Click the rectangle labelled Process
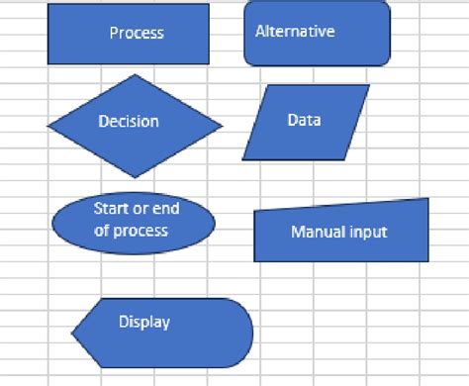click(x=129, y=34)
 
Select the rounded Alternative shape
click(x=317, y=33)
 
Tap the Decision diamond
click(x=136, y=125)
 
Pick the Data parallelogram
click(x=306, y=122)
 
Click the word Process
click(x=137, y=33)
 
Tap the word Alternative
click(x=295, y=31)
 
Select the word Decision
click(x=129, y=122)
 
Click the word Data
click(x=304, y=120)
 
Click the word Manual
click(x=316, y=233)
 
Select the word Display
click(x=144, y=322)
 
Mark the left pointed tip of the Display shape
click(x=73, y=335)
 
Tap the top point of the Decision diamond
click(x=136, y=75)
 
